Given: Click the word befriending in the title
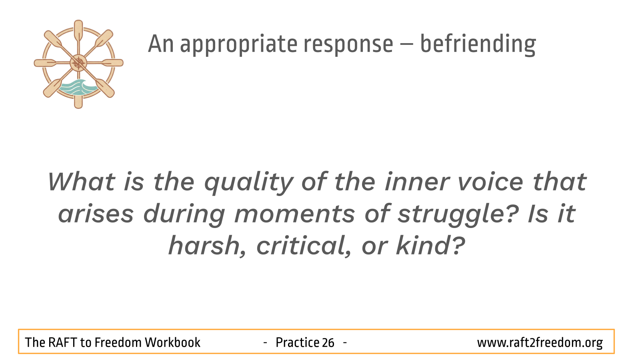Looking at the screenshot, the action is point(478,44).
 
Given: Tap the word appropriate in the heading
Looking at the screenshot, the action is point(238,45).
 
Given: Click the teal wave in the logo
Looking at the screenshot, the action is point(78,88).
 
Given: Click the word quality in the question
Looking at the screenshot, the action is point(249,184).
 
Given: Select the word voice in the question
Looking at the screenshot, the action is point(490,182).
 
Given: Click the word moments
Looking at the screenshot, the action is point(295,214).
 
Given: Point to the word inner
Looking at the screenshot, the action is point(417,182).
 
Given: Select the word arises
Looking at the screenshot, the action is point(96,214).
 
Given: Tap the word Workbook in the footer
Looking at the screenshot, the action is point(172,342).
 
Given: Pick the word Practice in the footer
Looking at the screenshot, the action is point(297,342).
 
